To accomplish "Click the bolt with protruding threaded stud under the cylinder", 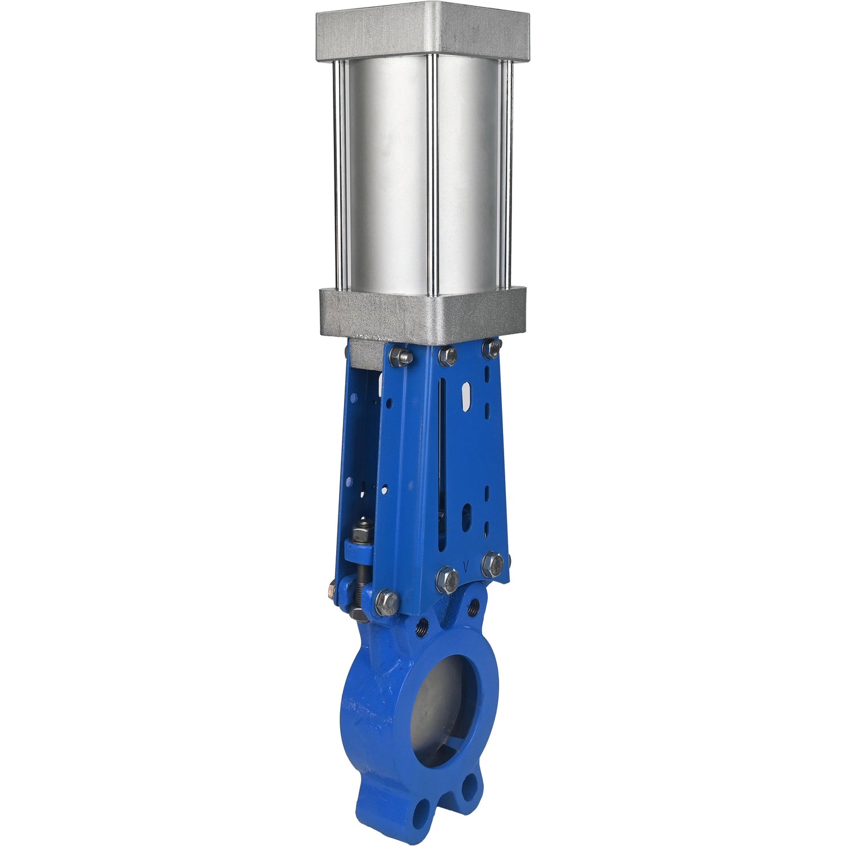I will coord(401,356).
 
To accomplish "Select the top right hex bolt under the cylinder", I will coord(492,347).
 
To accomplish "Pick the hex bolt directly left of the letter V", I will coord(447,579).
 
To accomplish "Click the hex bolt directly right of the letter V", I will coord(493,564).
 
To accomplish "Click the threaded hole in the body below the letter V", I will coord(473,607).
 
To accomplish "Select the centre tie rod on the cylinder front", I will coord(433,175).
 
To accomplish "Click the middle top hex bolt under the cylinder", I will coord(447,355).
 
